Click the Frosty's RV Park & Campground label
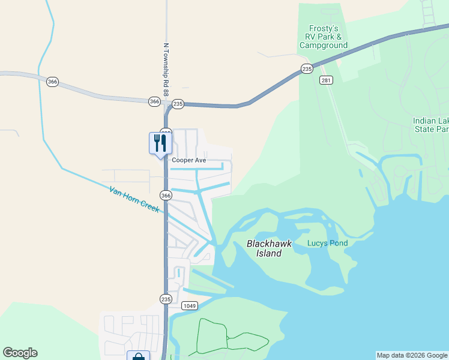(324, 37)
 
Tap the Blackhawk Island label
(265, 248)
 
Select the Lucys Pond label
(327, 243)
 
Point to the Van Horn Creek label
(134, 199)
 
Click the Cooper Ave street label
(189, 161)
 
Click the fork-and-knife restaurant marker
(160, 143)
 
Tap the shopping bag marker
(139, 356)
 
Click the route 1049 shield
(190, 306)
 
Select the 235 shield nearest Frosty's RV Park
(307, 69)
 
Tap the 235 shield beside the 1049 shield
(166, 299)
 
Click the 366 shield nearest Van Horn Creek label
(166, 196)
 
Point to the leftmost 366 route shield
(53, 82)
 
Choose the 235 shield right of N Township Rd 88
(178, 104)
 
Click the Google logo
(20, 353)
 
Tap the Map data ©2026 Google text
(411, 355)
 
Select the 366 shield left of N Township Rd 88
(155, 102)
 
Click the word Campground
(324, 45)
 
